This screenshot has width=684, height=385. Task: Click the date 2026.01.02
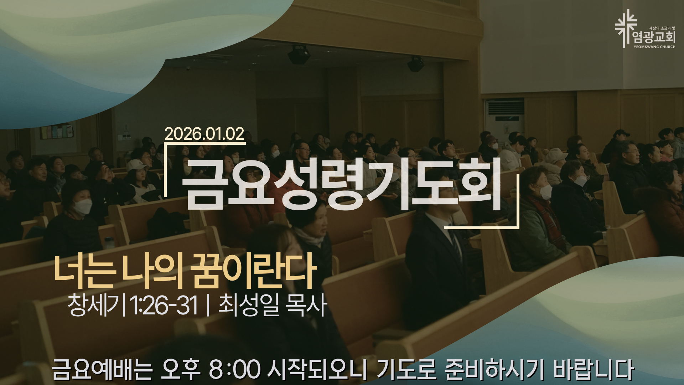pyautogui.click(x=204, y=134)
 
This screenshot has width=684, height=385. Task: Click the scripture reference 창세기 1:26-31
pyautogui.click(x=133, y=306)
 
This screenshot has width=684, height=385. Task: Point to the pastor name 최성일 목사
pyautogui.click(x=273, y=306)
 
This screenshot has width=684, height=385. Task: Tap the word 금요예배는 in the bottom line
pyautogui.click(x=102, y=370)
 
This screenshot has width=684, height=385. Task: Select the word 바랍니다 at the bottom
pyautogui.click(x=593, y=370)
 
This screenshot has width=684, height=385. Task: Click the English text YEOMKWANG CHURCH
pyautogui.click(x=654, y=47)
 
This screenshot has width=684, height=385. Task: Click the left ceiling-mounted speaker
pyautogui.click(x=299, y=55)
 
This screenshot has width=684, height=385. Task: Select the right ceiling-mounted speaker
pyautogui.click(x=415, y=64)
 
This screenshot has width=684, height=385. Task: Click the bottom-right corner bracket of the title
pyautogui.click(x=518, y=226)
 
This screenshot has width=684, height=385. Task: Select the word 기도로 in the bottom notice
pyautogui.click(x=406, y=370)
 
